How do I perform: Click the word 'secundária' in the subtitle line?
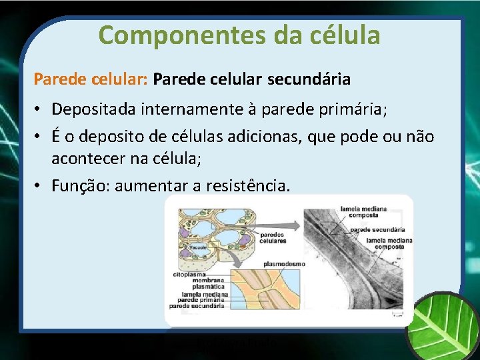click(309, 80)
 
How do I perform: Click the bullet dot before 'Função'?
click(39, 186)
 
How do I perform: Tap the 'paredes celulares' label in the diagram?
click(273, 238)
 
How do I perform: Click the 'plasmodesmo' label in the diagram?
click(283, 264)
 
